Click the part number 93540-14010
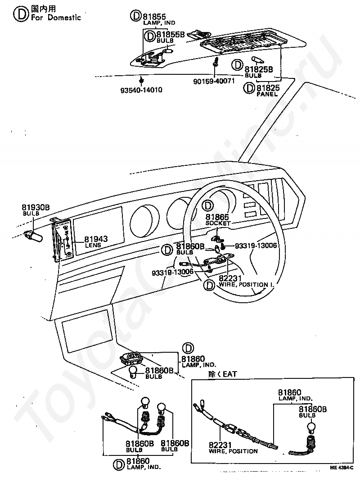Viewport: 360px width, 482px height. pos(141,90)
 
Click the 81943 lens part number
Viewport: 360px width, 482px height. pos(96,239)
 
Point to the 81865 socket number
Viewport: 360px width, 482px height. pos(217,217)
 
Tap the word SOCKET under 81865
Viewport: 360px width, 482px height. pos(218,223)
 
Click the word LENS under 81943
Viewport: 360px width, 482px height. pos(93,246)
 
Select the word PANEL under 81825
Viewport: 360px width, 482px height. pos(267,95)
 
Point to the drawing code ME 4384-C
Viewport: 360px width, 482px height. pos(342,469)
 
